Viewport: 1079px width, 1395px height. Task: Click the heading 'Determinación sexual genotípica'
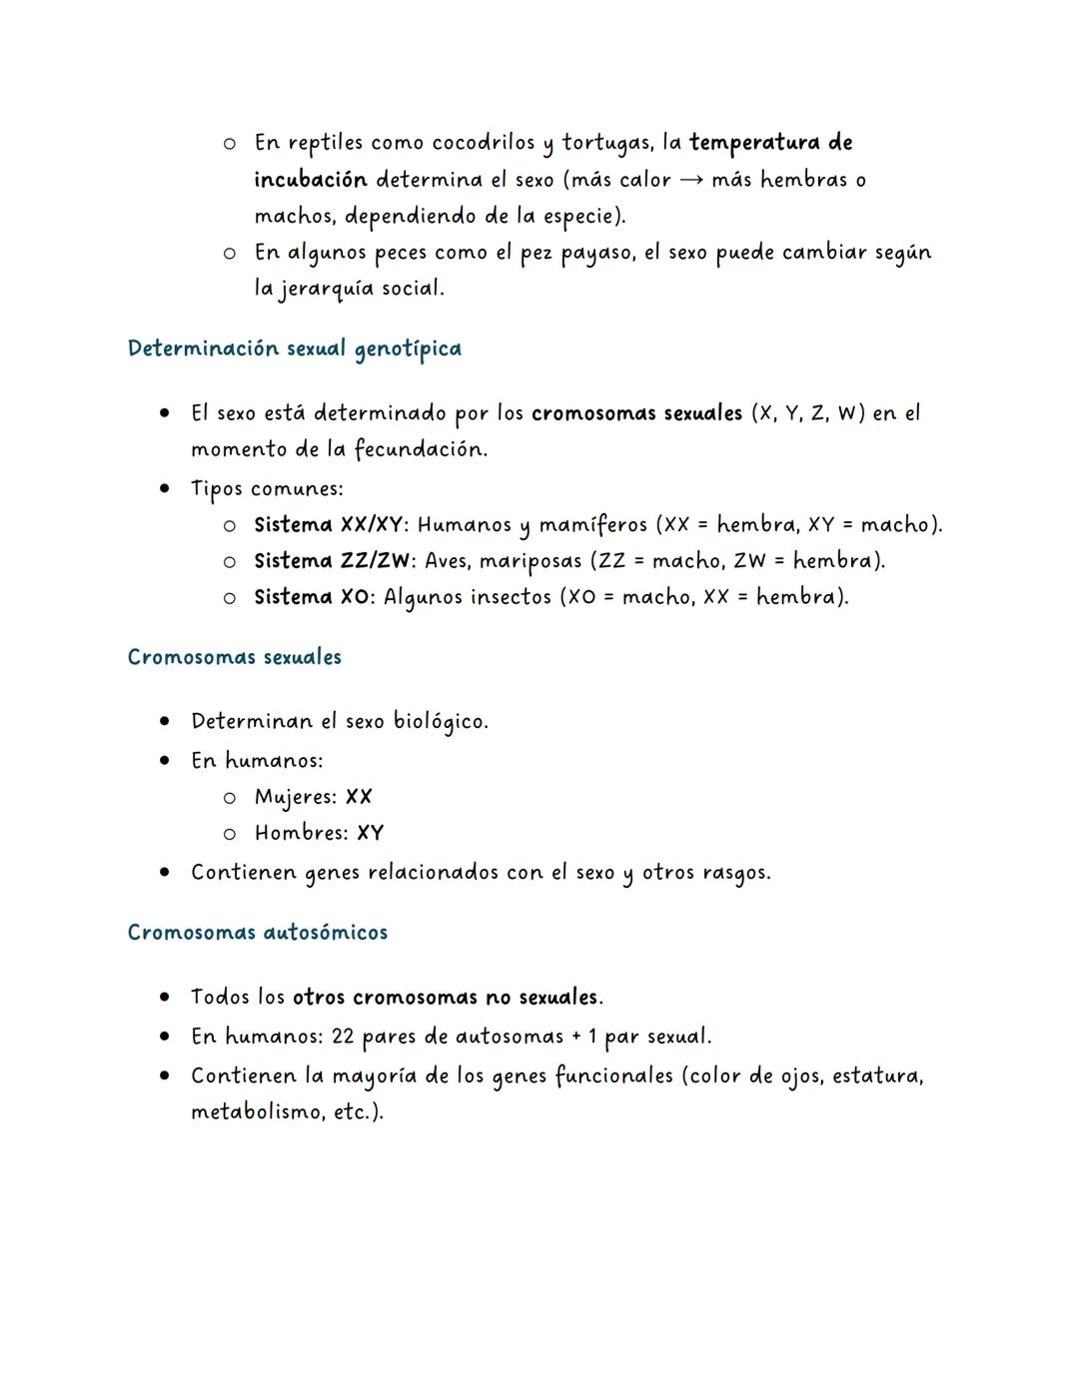coord(295,349)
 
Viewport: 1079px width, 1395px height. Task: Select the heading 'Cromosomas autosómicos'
coord(258,933)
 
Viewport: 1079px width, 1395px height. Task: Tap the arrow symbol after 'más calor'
coord(691,180)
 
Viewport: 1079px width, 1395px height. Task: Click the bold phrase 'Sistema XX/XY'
coord(330,524)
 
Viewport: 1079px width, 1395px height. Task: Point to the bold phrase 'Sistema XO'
coord(313,597)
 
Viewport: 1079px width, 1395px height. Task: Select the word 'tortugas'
coord(606,143)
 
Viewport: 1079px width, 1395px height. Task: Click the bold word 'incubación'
coord(311,180)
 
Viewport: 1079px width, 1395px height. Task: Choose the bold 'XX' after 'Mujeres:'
coord(359,797)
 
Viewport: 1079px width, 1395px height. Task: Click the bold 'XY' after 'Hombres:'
coord(370,833)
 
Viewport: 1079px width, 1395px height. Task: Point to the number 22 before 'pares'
coord(343,1037)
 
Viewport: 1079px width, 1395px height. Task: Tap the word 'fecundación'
coord(419,449)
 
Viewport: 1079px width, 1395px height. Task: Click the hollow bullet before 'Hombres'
coord(230,833)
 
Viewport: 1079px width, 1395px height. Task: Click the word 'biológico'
coord(440,721)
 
